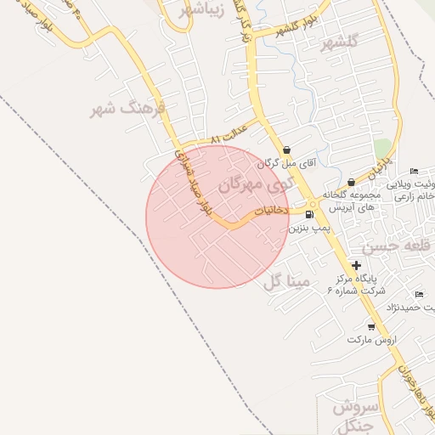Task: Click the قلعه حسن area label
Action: [391, 246]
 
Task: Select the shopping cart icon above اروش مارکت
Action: [371, 326]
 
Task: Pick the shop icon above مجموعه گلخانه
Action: [351, 182]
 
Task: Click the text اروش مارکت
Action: [372, 339]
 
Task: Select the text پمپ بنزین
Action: [308, 228]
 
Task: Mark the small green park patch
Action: [383, 148]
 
